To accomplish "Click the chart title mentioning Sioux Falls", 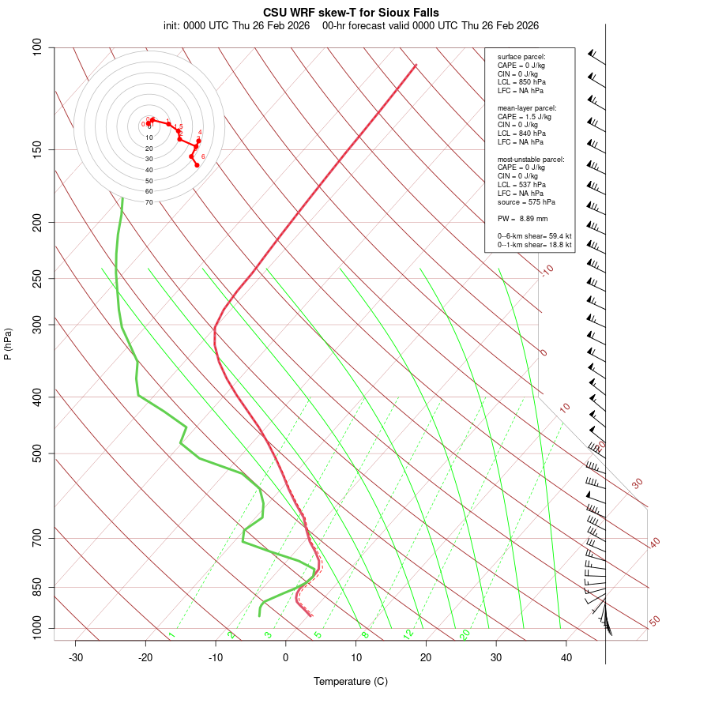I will pos(351,13).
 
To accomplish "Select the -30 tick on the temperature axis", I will pos(76,657).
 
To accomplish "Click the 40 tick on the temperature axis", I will pos(566,657).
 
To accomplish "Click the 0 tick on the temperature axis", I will pos(286,657).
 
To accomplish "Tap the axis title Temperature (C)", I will pos(351,681).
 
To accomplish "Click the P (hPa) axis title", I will pos(8,344).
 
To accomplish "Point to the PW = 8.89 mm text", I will pos(522,219).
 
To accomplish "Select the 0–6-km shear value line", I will pos(534,236).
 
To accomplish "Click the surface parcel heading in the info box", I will pos(521,57).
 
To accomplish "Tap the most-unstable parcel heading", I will pos(531,160).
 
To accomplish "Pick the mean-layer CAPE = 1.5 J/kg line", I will pos(525,116).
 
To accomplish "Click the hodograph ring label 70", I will pos(149,202).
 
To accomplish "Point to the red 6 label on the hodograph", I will pos(203,156).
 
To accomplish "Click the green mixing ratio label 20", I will pos(465,634).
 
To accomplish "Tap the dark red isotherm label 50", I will pos(654,622).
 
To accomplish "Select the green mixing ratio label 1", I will pos(171,634).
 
